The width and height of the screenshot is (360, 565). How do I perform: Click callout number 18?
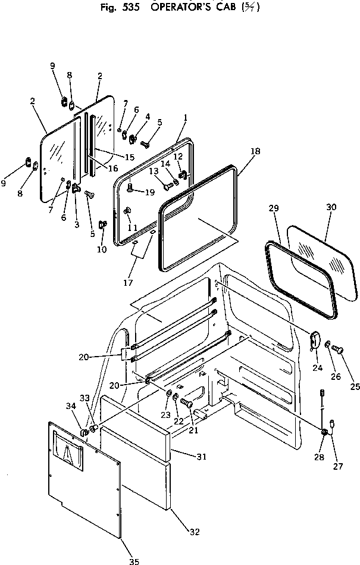pos(255,152)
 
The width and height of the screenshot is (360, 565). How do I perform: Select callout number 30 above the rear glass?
pos(331,207)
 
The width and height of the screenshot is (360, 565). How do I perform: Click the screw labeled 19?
pos(131,191)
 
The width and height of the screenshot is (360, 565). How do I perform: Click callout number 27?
pos(338,467)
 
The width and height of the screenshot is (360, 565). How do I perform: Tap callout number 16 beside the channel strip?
pos(113,168)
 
